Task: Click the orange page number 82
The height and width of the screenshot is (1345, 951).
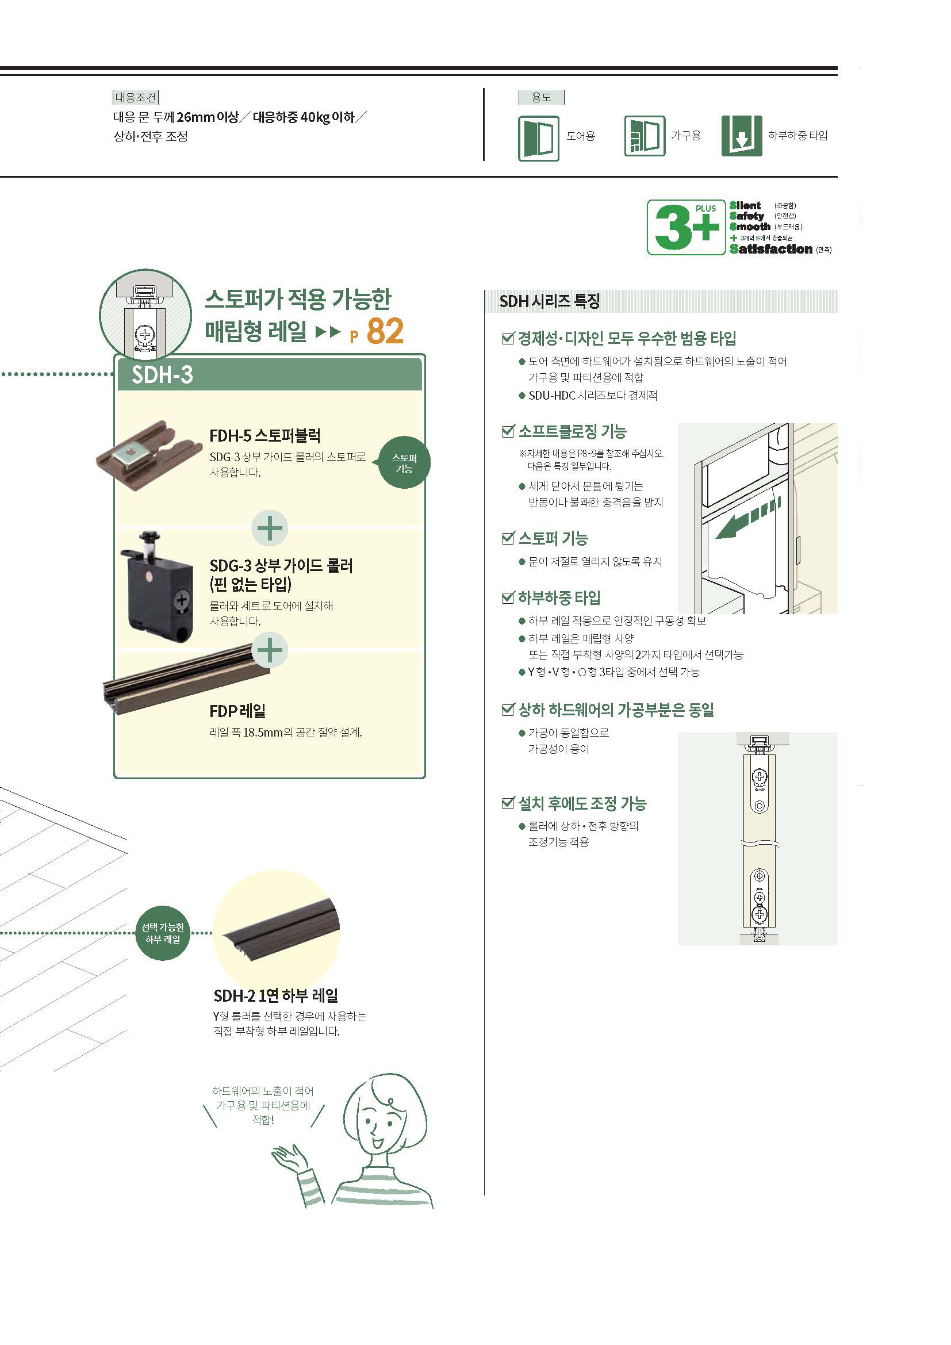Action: tap(385, 331)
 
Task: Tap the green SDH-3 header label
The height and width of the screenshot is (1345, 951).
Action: tap(162, 374)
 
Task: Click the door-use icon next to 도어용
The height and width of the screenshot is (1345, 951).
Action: tap(538, 137)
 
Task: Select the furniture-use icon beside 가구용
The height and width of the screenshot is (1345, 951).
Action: tap(644, 136)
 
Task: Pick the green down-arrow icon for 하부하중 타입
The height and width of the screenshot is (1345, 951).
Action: tap(742, 136)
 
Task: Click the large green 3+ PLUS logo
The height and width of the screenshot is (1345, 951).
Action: tap(687, 227)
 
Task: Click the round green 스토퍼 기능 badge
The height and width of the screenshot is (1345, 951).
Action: tap(404, 463)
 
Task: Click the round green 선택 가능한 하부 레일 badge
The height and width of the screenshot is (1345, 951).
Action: tap(163, 933)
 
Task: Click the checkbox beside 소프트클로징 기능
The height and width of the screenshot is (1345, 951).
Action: tap(508, 432)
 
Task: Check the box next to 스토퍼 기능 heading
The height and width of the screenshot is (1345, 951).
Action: tap(508, 538)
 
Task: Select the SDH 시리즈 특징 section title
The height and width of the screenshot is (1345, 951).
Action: tap(549, 301)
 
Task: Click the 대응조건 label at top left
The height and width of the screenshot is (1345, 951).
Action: tap(136, 97)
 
